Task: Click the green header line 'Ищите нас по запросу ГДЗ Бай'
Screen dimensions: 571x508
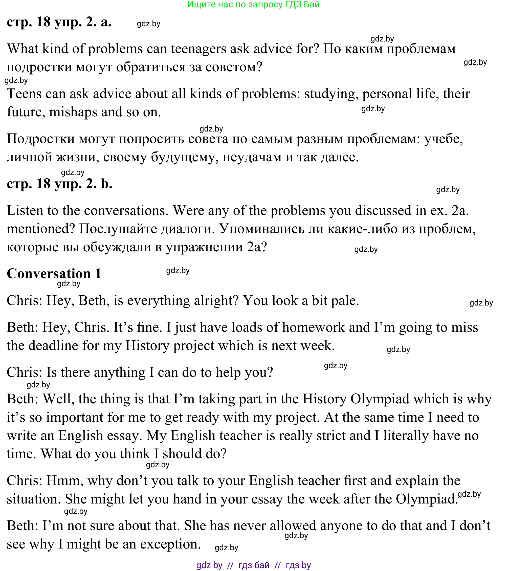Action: pos(253,5)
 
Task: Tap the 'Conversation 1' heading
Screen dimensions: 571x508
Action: pos(54,273)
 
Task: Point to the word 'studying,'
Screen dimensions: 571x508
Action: pos(331,94)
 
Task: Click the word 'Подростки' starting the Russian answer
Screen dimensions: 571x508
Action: pos(41,139)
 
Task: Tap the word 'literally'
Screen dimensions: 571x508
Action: pos(406,435)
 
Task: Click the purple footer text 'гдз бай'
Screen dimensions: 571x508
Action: pos(254,565)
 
